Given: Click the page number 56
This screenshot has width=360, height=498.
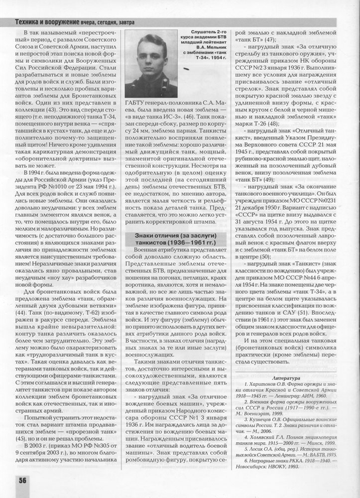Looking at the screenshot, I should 23,480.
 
